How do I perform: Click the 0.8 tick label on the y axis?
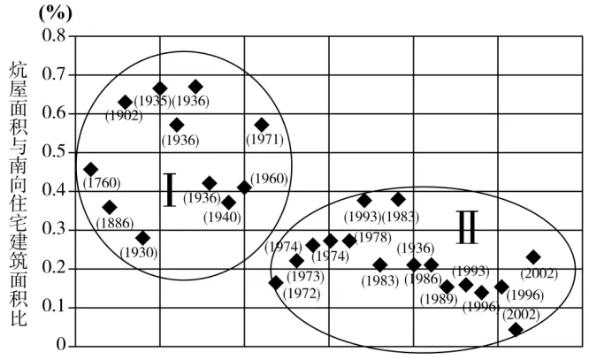tap(54, 35)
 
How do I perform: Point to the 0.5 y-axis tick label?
tap(54, 151)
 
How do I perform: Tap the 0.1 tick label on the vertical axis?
tap(54, 306)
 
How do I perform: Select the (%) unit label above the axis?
tap(55, 13)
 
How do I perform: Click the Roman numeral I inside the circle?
tap(170, 190)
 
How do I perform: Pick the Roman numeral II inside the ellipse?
tap(467, 227)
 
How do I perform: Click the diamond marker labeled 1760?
tap(90, 170)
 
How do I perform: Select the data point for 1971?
tap(262, 125)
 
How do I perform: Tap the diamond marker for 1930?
tap(142, 238)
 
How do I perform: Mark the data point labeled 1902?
tap(125, 103)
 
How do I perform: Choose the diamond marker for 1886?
tap(110, 207)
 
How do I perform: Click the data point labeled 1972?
tap(276, 282)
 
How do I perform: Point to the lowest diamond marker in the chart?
tap(516, 329)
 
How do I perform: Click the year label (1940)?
tap(222, 218)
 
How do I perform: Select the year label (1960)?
tap(269, 179)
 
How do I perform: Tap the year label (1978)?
tap(373, 237)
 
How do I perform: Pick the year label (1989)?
tap(439, 300)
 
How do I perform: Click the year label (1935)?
tap(152, 101)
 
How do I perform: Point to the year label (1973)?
tap(305, 277)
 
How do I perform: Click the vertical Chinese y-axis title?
tap(18, 195)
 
